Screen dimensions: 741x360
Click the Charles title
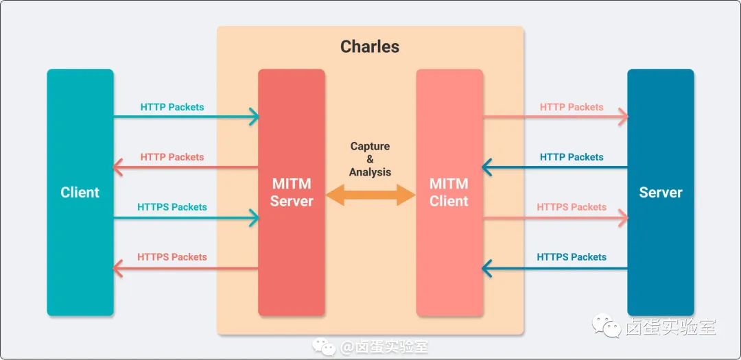[370, 47]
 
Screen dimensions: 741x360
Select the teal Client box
[80, 192]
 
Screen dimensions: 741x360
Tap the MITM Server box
[292, 192]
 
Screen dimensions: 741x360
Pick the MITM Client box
[449, 192]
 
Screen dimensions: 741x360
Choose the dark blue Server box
[661, 192]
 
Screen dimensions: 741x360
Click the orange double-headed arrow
[370, 195]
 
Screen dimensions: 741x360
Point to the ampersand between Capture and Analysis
[370, 159]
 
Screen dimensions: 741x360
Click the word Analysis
[370, 172]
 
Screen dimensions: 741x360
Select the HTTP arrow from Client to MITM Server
[186, 116]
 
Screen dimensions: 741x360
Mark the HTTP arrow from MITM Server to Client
[185, 167]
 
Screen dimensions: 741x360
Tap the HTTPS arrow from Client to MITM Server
[186, 218]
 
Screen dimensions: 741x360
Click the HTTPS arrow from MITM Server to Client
[185, 268]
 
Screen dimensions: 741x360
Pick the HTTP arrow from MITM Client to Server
[555, 116]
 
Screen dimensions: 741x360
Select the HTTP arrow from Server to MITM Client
[554, 167]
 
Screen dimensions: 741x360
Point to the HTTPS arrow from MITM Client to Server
[555, 218]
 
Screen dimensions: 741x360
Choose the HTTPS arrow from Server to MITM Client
[554, 268]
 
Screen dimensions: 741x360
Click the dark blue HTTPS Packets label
[572, 257]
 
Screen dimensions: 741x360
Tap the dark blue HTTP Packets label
[572, 157]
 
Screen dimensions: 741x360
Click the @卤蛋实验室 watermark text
[384, 347]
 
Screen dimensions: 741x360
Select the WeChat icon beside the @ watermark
[324, 347]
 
